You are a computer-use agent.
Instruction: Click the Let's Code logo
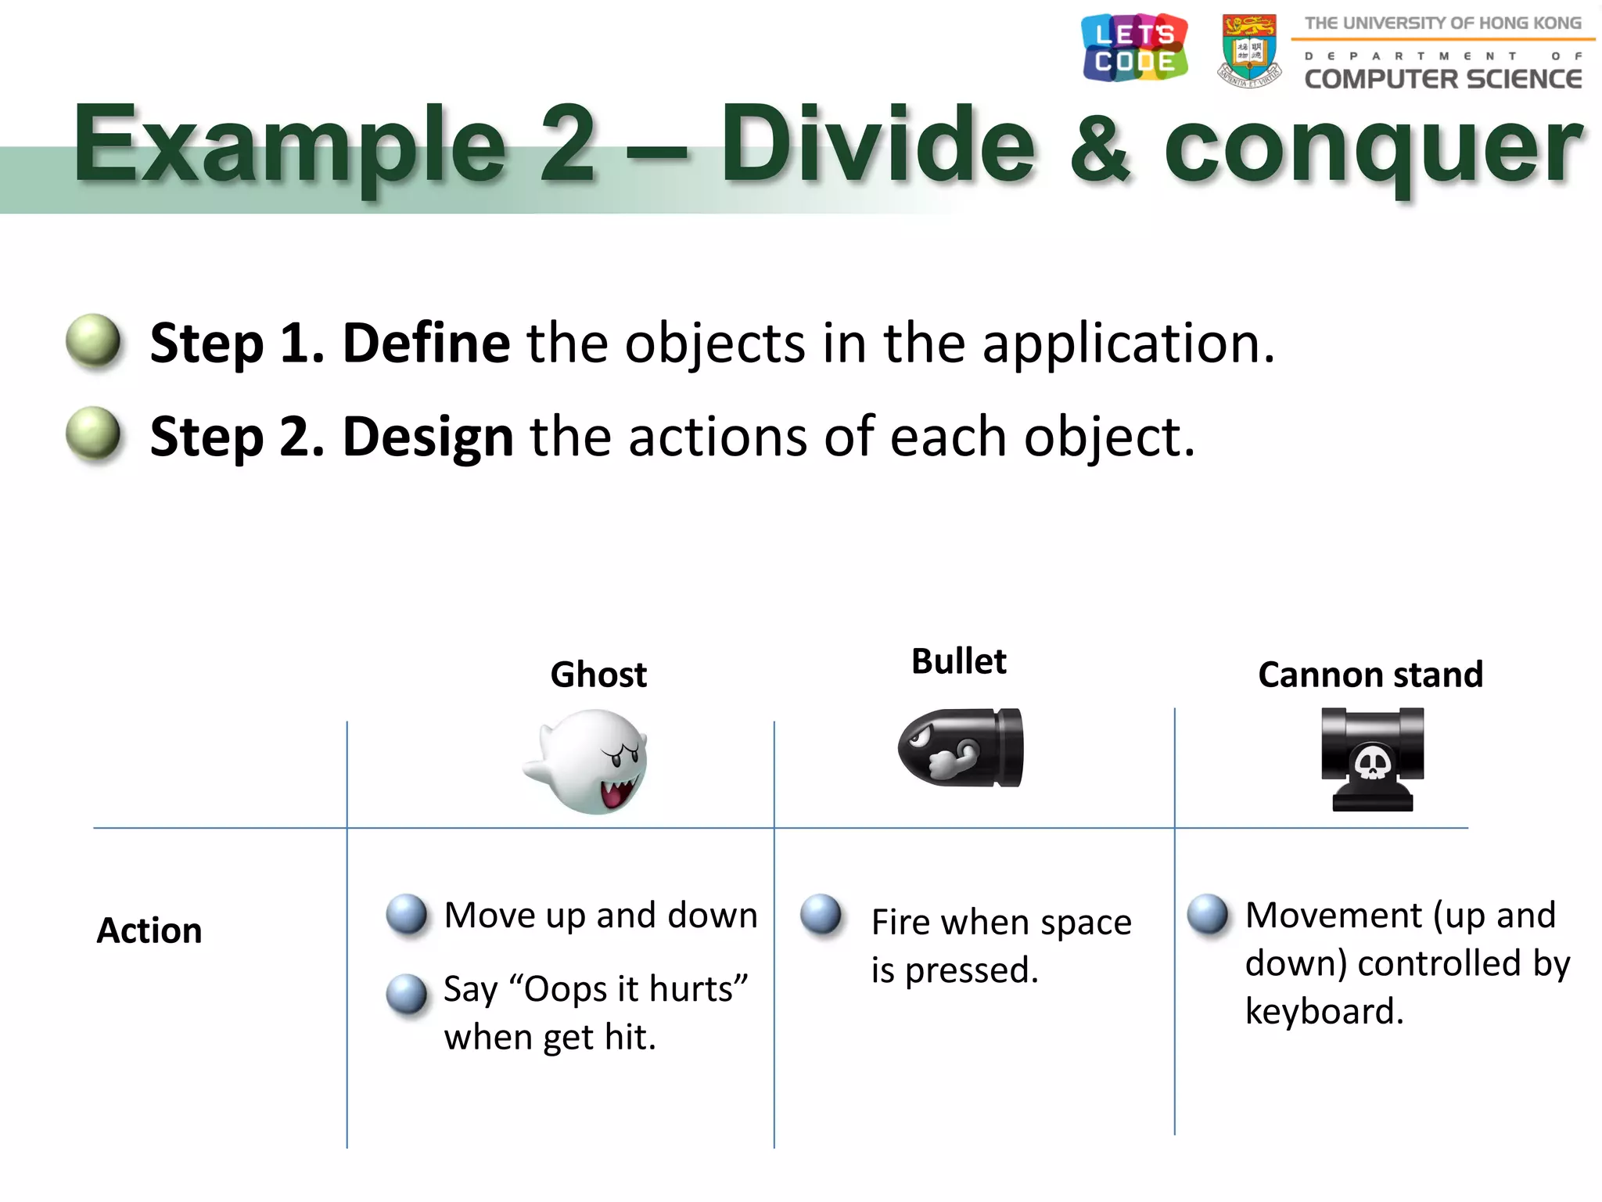(1134, 48)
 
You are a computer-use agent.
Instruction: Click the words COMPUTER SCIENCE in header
(1442, 79)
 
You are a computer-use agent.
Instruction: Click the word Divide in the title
(877, 145)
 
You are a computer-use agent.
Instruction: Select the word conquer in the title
(1372, 149)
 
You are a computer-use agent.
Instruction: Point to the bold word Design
(428, 437)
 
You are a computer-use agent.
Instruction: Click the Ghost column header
(598, 675)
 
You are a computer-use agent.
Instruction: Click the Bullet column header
(958, 661)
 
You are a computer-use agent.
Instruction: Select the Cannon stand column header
(1370, 675)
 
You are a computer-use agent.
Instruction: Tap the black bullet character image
(960, 748)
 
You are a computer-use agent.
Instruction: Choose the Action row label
(149, 930)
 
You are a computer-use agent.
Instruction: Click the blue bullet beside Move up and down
(407, 914)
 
